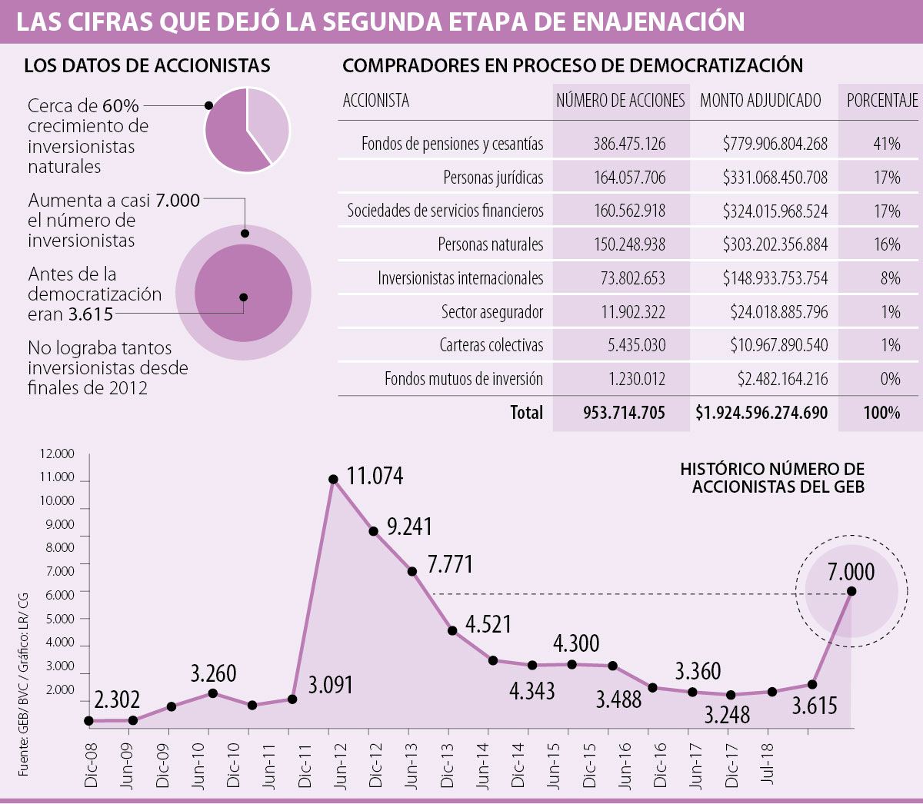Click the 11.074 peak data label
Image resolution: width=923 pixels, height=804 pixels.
[375, 477]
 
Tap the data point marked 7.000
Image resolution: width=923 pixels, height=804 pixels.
[851, 591]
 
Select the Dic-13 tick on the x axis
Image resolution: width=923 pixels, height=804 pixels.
[448, 766]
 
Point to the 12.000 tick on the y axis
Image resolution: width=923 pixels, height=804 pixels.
[58, 454]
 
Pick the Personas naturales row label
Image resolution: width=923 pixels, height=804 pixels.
[490, 245]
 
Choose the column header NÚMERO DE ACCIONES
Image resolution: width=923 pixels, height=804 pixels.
[620, 101]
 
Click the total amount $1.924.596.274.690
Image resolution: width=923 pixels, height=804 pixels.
[761, 413]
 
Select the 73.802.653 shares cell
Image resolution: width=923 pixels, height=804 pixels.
[632, 278]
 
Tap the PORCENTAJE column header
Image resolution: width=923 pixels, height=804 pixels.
[881, 101]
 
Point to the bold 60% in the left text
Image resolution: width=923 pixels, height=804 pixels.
[121, 106]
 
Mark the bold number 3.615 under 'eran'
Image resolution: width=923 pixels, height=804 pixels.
[91, 314]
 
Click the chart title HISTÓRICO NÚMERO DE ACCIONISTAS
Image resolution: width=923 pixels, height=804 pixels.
[772, 477]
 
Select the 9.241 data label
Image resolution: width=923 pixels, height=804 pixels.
[409, 527]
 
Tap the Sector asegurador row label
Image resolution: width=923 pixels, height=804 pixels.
[491, 312]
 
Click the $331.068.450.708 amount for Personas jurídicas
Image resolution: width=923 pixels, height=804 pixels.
[775, 178]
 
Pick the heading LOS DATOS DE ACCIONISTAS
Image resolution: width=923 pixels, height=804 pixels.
[147, 66]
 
